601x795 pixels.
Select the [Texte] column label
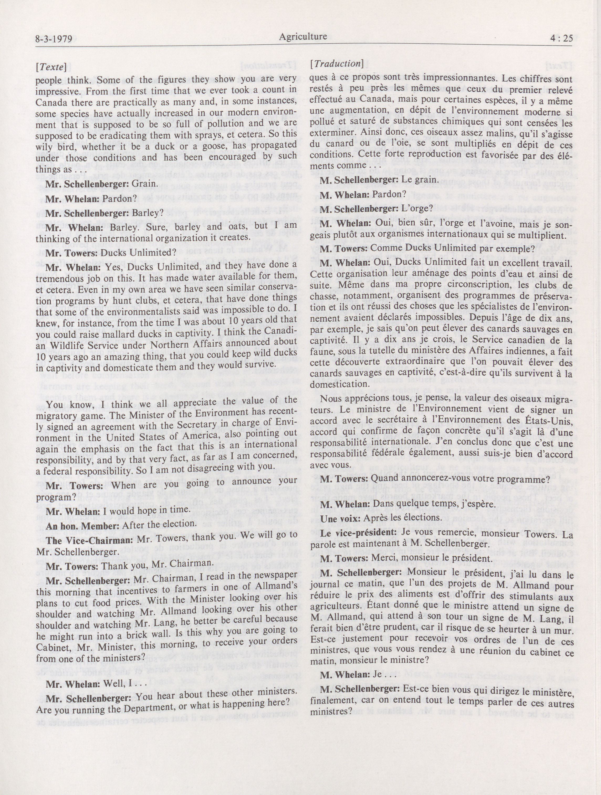click(51, 67)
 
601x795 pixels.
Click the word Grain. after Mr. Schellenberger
click(144, 183)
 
